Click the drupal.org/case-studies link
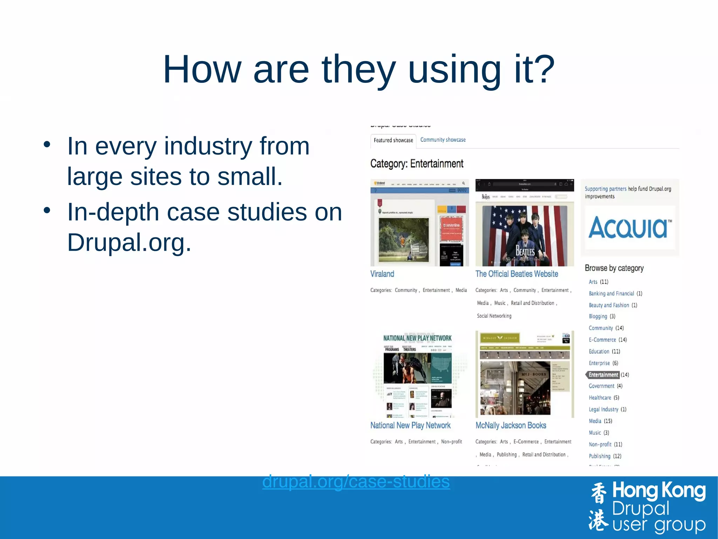tap(356, 481)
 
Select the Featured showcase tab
tap(393, 140)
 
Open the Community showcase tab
tap(443, 140)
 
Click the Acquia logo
tap(630, 228)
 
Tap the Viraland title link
tap(382, 274)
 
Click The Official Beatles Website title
tap(516, 274)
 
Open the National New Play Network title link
tap(410, 426)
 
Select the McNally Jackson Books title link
tap(510, 426)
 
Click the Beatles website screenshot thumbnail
tap(524, 223)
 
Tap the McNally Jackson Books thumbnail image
tap(524, 374)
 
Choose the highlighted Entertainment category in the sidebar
tap(603, 375)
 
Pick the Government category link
tap(601, 386)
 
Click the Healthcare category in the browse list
tap(600, 397)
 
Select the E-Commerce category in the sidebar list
tap(602, 340)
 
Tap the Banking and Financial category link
tap(611, 294)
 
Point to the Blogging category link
tap(598, 316)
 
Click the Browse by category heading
tap(614, 268)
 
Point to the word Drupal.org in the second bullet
tap(129, 242)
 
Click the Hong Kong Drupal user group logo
tap(647, 508)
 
